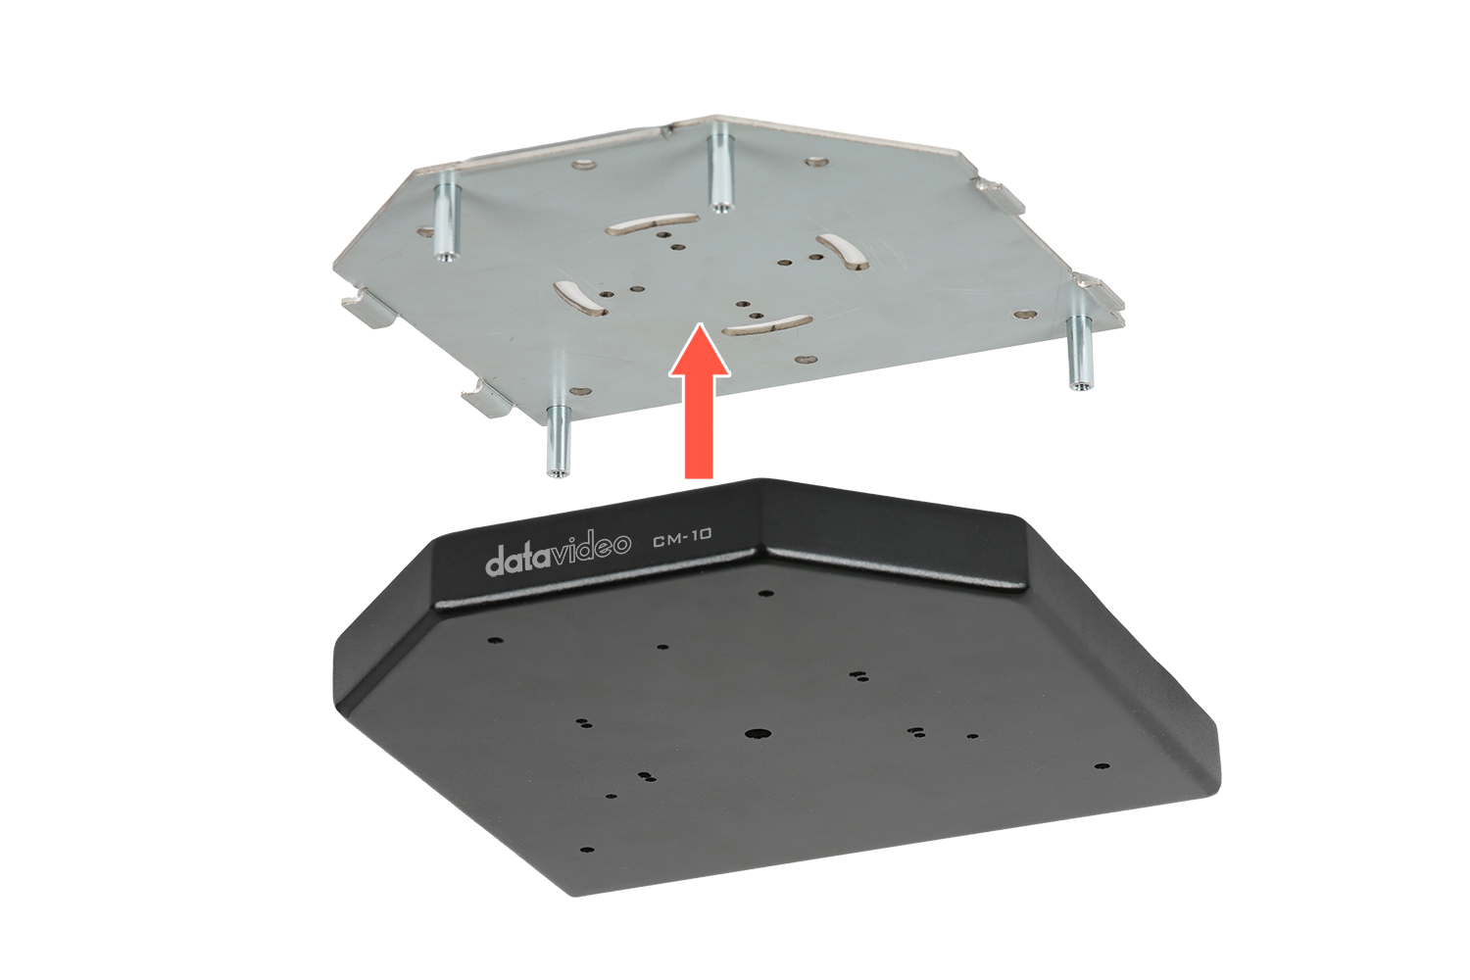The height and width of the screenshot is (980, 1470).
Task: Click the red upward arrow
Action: [x=699, y=402]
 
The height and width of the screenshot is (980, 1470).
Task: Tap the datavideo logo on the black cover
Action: [x=558, y=554]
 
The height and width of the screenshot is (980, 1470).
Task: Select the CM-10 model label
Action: [x=682, y=537]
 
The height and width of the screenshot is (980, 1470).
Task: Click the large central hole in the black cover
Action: [x=758, y=734]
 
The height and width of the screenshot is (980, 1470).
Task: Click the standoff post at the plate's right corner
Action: [x=1078, y=353]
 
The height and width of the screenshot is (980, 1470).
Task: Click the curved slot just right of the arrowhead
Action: [x=766, y=325]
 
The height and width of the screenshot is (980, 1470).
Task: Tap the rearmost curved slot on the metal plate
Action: [x=653, y=223]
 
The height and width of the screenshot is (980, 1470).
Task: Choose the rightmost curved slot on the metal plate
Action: [x=843, y=251]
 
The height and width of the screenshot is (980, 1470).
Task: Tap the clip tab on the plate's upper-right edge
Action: [x=998, y=196]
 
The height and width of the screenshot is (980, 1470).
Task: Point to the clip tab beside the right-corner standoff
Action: [x=1100, y=299]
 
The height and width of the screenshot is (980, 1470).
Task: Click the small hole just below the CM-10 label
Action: [x=764, y=593]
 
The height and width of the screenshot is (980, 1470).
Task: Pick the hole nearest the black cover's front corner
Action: [x=587, y=850]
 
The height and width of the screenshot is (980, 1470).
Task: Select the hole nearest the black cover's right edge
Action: [x=1103, y=766]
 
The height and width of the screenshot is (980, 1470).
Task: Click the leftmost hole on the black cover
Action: [x=496, y=639]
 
